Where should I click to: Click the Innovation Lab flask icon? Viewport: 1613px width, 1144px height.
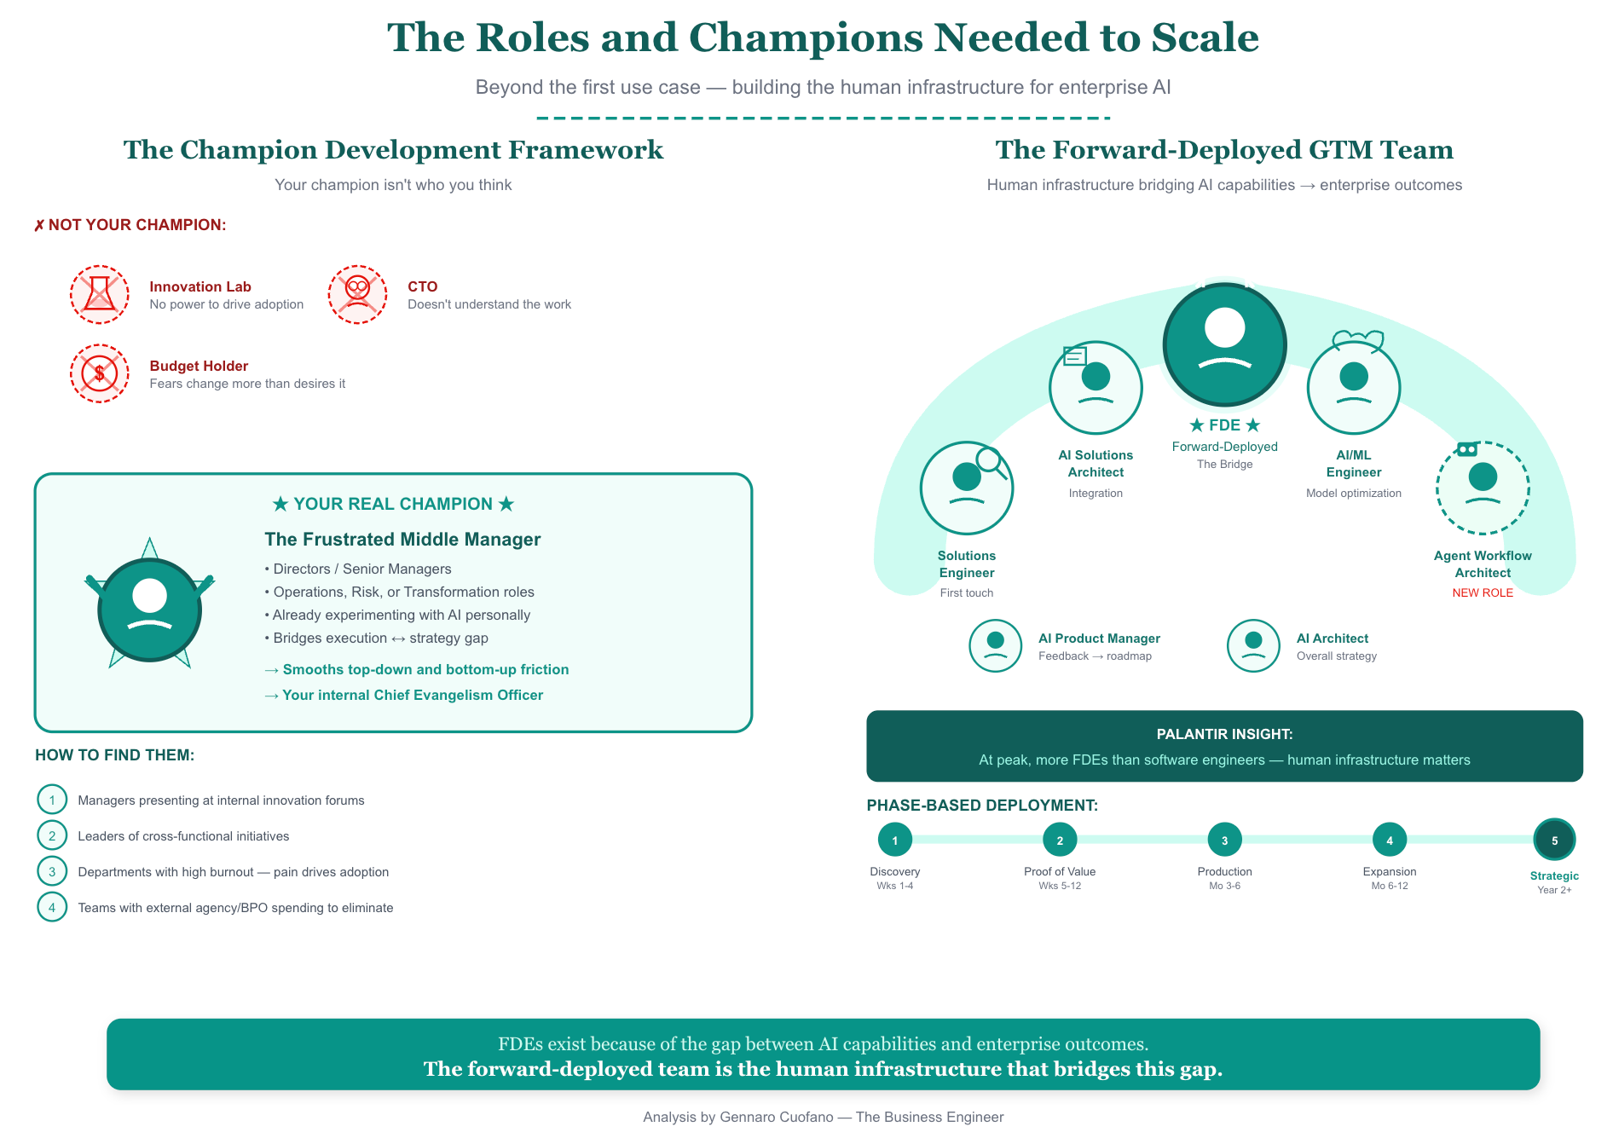coord(100,294)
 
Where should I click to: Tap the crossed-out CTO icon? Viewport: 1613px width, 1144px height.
coord(357,294)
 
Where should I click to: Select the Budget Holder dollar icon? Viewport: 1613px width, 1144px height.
coord(100,373)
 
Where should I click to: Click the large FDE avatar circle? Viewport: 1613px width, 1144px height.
coord(1224,344)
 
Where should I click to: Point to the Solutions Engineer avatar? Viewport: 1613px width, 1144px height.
coord(966,488)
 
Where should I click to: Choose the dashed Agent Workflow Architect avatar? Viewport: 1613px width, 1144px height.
coord(1483,488)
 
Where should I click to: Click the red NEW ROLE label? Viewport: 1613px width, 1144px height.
coord(1483,593)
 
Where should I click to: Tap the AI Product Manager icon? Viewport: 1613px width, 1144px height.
coord(995,645)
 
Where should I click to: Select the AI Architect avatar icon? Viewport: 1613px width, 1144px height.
coord(1253,645)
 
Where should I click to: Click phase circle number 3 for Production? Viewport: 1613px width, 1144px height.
coord(1224,840)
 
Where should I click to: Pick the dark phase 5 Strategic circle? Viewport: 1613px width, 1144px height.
coord(1554,840)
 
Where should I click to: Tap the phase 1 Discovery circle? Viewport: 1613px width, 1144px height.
coord(894,840)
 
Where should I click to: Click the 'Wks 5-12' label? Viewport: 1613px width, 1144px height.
coord(1060,887)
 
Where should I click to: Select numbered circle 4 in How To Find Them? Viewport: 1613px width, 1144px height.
coord(52,907)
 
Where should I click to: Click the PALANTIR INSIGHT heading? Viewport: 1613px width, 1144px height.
coord(1224,734)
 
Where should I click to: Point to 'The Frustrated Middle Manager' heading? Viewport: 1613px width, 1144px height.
coord(402,540)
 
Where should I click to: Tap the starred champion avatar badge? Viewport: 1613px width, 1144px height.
coord(150,609)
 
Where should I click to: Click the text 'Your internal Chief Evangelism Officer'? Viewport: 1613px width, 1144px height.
coord(413,696)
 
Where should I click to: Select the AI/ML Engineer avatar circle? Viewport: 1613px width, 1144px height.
coord(1353,387)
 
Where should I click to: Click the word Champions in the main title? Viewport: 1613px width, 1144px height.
coord(806,38)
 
